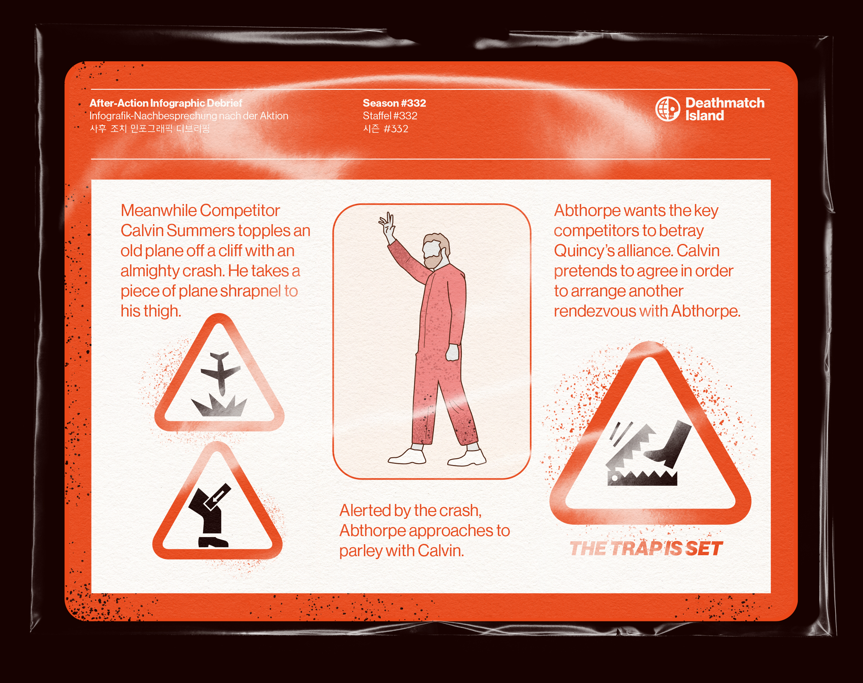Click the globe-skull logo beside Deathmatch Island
(x=667, y=109)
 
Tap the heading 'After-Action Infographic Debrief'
(x=165, y=103)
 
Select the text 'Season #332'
(x=394, y=103)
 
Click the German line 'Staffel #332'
(x=390, y=116)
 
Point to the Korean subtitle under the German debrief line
(x=150, y=129)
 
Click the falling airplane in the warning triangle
(x=220, y=372)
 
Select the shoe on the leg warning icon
(x=213, y=542)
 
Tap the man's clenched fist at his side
(x=453, y=352)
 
